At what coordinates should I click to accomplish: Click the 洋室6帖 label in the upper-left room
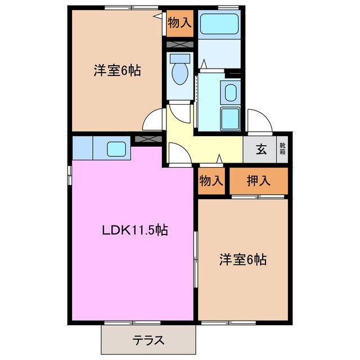click(x=116, y=71)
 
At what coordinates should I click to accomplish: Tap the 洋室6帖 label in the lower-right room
click(x=242, y=260)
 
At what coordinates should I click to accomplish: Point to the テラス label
click(x=148, y=340)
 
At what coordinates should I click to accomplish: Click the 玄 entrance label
click(x=262, y=150)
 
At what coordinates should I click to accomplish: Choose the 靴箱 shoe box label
click(x=282, y=150)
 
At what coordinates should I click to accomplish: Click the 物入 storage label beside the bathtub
click(x=180, y=23)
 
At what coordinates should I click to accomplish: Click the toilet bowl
click(x=180, y=73)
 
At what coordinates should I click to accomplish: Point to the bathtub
click(x=220, y=24)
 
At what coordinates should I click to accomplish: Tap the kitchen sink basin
click(x=116, y=149)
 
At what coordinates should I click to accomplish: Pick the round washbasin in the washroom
click(x=230, y=92)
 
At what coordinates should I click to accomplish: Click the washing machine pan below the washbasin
click(x=229, y=118)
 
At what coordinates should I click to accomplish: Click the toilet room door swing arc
click(x=179, y=112)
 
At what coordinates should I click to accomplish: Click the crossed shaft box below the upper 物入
click(x=179, y=44)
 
